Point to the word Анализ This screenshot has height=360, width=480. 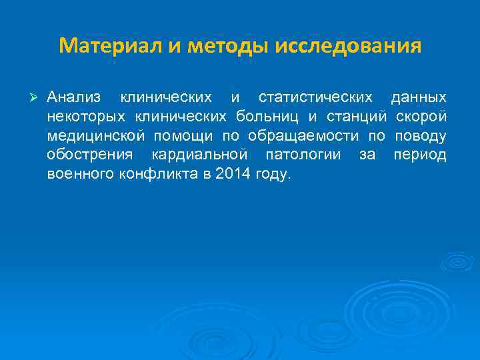[74, 98]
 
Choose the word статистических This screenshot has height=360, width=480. [315, 98]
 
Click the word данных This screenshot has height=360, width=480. [419, 98]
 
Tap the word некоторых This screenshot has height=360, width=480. [88, 117]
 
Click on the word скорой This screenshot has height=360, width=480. [421, 117]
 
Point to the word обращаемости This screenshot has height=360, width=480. [305, 137]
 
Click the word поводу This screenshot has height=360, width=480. [421, 137]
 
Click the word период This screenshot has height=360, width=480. [420, 156]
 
